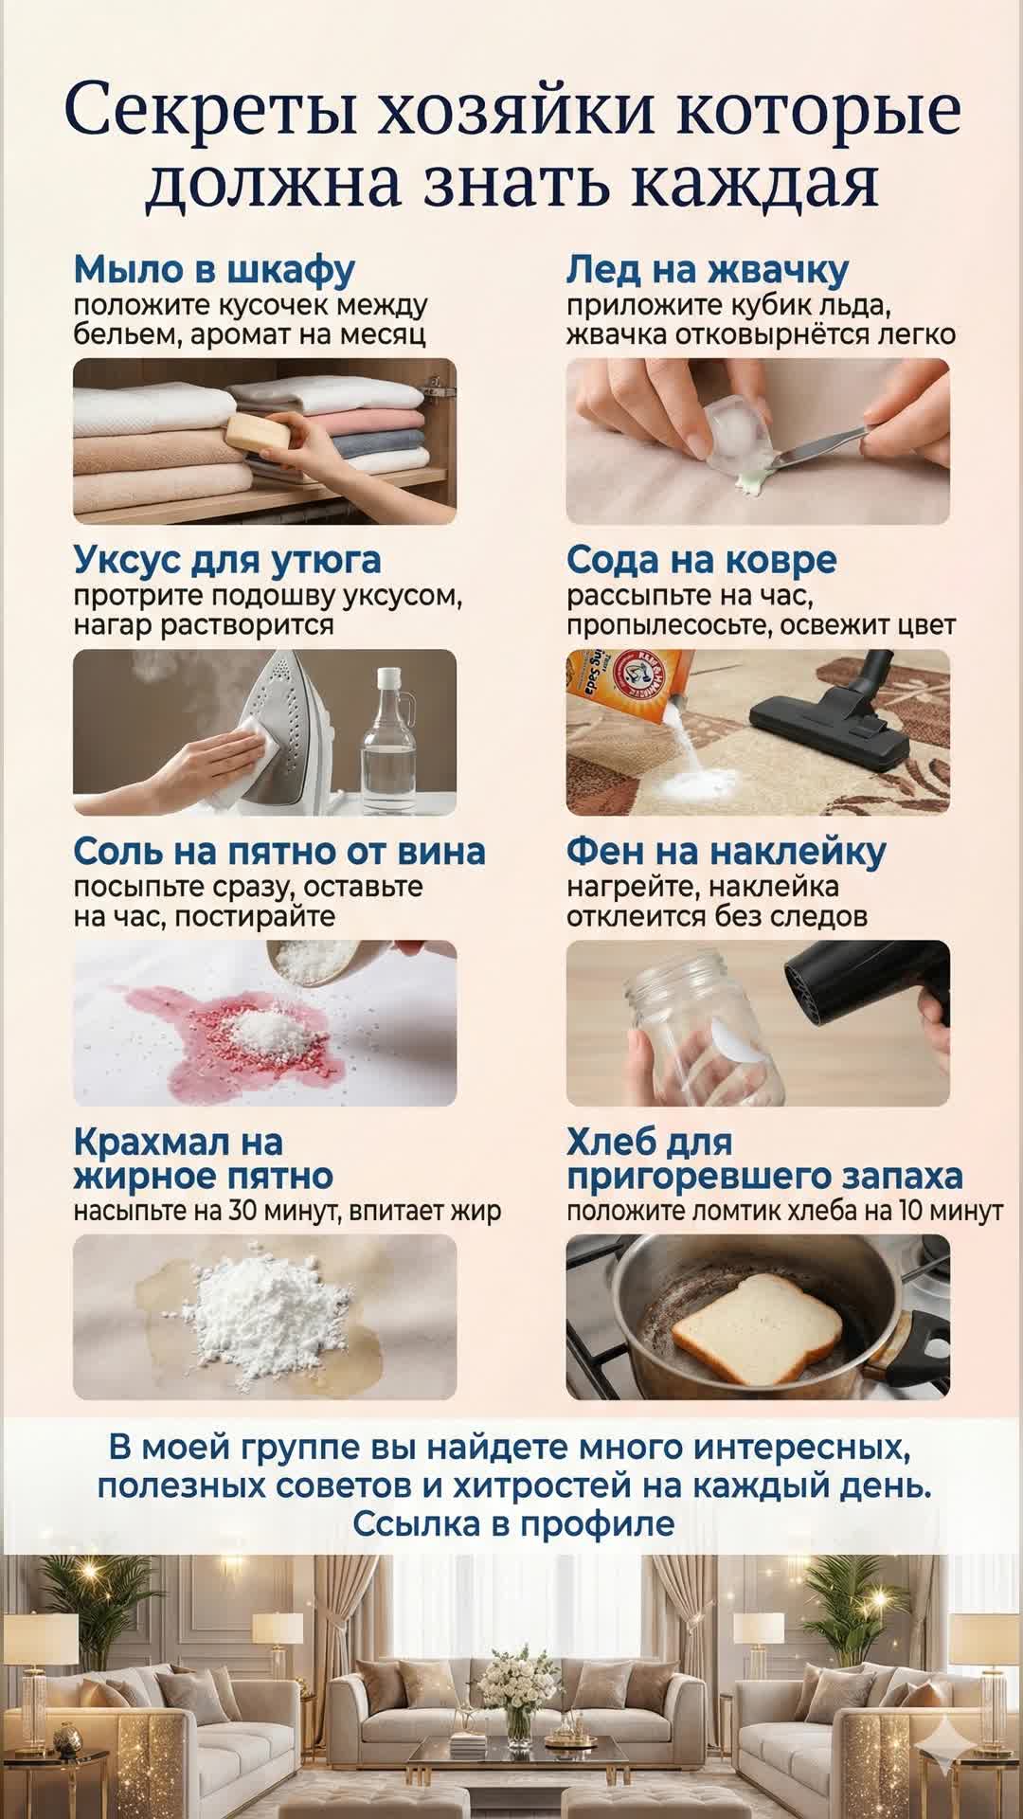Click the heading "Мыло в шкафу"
click(214, 270)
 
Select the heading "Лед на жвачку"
click(708, 270)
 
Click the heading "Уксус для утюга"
click(227, 560)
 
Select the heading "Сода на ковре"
click(702, 560)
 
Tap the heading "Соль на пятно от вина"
click(279, 851)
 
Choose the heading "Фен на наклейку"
click(727, 851)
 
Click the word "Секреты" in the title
click(210, 111)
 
